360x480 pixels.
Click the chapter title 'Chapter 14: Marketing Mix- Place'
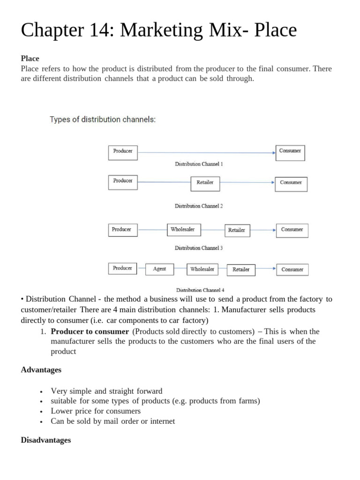tap(159, 30)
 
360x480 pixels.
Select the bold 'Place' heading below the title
tap(30, 59)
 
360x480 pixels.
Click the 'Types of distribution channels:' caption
tap(103, 120)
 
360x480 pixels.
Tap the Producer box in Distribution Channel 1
tap(123, 152)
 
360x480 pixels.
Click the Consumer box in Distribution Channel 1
tap(290, 152)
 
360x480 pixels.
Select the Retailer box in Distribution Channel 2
tap(205, 183)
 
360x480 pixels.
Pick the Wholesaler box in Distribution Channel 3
tap(183, 230)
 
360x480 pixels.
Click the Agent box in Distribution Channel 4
tap(159, 269)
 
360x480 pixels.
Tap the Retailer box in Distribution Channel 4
tap(241, 270)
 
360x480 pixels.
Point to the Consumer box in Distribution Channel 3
tap(292, 230)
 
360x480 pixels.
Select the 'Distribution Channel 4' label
tap(200, 290)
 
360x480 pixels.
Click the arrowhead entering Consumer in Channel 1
tap(273, 152)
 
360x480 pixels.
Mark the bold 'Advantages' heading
tap(41, 370)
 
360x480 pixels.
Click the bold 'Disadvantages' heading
tap(46, 440)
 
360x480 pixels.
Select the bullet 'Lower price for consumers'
tap(96, 411)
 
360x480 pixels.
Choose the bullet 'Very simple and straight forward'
tap(106, 391)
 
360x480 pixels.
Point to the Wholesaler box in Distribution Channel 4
tap(202, 269)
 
